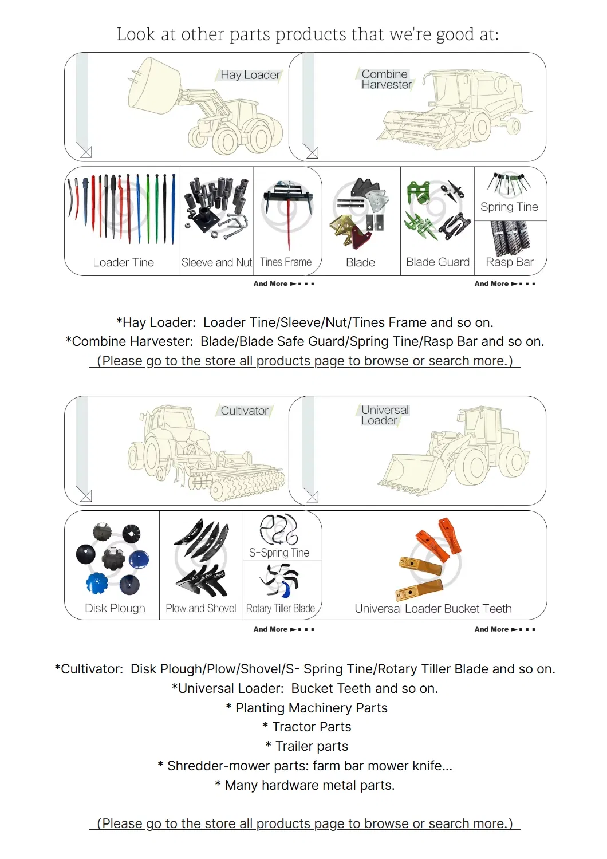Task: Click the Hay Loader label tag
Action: (x=250, y=75)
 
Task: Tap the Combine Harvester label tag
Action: (x=387, y=80)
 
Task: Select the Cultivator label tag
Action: (x=245, y=411)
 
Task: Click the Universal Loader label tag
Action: (x=384, y=415)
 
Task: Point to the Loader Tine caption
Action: (x=123, y=262)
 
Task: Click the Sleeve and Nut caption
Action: (x=216, y=262)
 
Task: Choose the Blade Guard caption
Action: (x=437, y=262)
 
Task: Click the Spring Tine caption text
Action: (x=509, y=207)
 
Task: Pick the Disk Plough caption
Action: (x=115, y=608)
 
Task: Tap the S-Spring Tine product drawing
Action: (x=279, y=529)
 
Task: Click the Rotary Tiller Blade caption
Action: (x=280, y=608)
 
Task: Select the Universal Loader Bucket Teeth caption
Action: (x=433, y=609)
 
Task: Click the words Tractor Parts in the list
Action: (x=312, y=727)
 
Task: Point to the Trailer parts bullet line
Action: (x=311, y=746)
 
